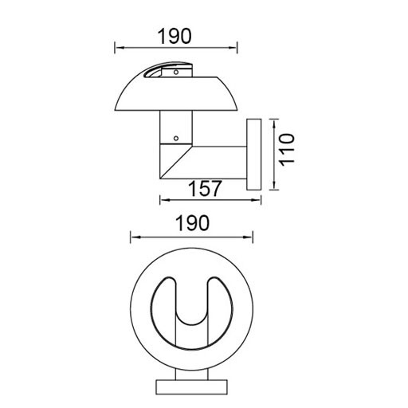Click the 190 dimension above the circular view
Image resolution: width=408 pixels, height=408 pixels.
click(191, 223)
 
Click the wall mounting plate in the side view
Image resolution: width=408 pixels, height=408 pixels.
click(254, 155)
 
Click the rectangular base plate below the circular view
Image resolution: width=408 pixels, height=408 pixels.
click(191, 386)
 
